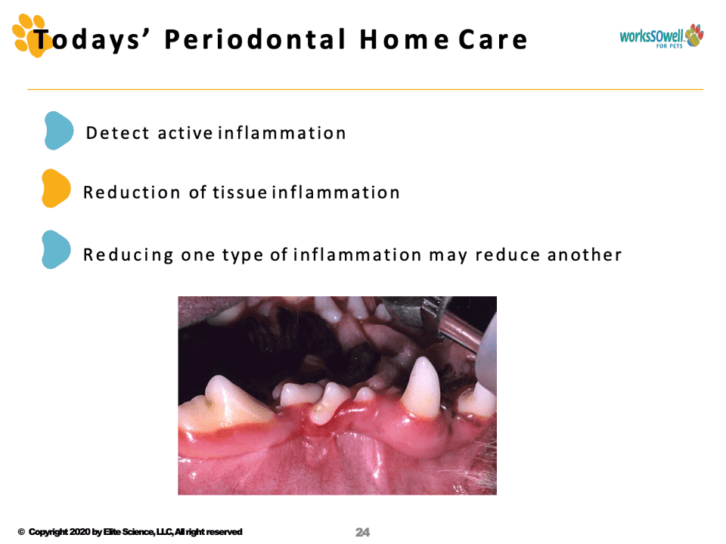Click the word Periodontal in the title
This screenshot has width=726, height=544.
point(255,39)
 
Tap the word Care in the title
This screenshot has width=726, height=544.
point(493,40)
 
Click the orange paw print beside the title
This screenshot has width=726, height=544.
point(30,36)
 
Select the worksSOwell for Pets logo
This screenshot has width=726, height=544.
point(662,36)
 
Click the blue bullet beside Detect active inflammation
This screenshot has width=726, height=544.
point(58,131)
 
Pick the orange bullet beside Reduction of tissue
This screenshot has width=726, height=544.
point(55,188)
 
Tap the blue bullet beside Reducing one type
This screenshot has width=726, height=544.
point(55,249)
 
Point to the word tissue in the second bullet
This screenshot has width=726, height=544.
point(240,193)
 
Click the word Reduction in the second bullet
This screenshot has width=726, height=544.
point(132,193)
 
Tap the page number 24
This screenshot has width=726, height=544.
point(362,533)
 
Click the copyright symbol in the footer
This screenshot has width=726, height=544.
point(21,532)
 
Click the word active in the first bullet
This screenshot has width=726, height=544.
point(185,133)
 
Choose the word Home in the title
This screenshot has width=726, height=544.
point(404,40)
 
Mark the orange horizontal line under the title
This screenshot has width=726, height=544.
point(365,89)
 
